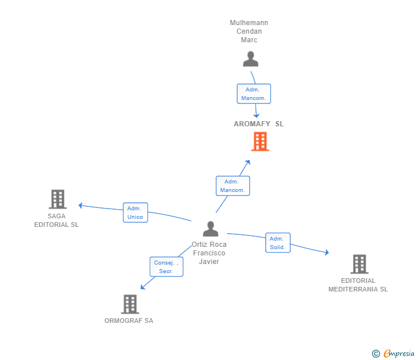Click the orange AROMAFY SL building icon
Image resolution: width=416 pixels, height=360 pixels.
(x=260, y=141)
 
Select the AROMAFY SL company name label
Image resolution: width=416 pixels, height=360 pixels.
(x=258, y=124)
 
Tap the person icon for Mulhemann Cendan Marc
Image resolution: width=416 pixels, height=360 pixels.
(x=250, y=59)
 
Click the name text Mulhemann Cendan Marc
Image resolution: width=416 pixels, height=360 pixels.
(x=249, y=31)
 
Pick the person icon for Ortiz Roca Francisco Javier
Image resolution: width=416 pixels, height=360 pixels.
(x=210, y=229)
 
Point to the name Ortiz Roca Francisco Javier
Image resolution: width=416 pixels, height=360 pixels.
(x=209, y=253)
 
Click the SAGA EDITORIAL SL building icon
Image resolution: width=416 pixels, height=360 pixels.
(x=57, y=199)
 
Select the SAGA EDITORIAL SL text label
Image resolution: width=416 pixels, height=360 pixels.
(x=57, y=221)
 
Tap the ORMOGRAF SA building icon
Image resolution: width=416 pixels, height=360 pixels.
(x=130, y=304)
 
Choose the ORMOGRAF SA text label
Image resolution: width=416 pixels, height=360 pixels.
(x=129, y=321)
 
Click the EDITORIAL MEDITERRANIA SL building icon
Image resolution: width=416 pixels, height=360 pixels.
(x=359, y=264)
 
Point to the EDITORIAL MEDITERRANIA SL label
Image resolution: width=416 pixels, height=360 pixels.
(x=358, y=285)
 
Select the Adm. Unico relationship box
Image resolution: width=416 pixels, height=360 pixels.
(x=135, y=213)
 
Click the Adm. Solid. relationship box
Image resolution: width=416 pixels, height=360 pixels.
(x=278, y=243)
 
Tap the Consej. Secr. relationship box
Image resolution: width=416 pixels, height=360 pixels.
(x=166, y=267)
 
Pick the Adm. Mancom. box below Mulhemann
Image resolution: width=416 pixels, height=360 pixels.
(x=254, y=94)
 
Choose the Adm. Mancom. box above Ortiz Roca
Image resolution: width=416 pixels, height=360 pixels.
(x=233, y=186)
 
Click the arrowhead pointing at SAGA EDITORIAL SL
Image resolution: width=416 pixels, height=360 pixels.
(x=81, y=205)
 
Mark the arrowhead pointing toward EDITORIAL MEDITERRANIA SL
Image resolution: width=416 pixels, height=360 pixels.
(x=326, y=252)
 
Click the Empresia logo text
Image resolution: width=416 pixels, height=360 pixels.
(x=398, y=354)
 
